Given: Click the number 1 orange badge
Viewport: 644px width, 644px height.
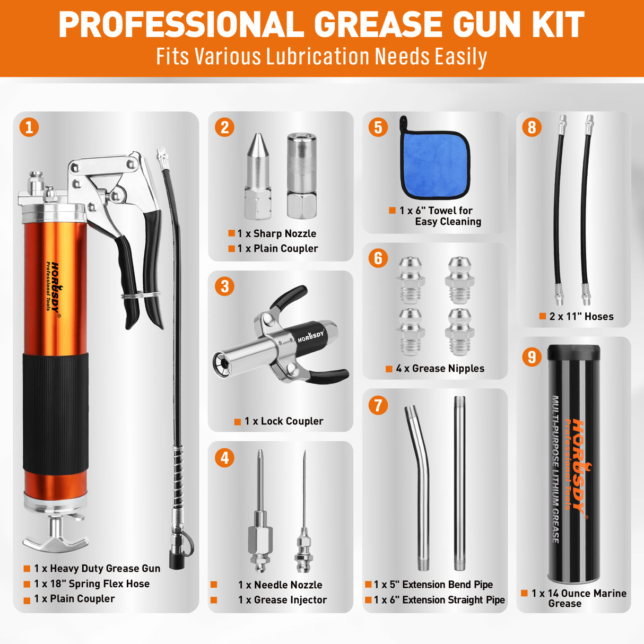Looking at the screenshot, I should tap(29, 127).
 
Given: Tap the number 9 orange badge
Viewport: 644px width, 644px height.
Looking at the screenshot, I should tap(532, 356).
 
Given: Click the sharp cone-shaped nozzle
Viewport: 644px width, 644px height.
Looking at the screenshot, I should tap(258, 175).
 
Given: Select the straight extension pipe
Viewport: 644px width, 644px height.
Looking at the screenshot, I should tap(459, 483).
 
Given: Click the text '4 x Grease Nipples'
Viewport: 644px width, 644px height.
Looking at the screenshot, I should tap(440, 369).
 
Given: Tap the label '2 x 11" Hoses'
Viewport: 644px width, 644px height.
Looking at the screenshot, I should tap(581, 317).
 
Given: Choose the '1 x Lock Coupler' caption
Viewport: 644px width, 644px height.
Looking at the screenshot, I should tap(284, 421).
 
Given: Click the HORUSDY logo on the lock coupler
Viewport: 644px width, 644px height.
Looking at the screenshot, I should tap(310, 336).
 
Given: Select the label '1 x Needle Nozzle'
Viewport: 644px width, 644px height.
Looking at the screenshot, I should tap(280, 585).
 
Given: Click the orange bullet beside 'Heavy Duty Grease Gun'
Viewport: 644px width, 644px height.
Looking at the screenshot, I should tap(27, 569).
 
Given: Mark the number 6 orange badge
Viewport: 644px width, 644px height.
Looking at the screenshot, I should tap(378, 258).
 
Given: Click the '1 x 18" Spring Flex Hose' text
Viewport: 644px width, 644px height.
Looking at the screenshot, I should tap(92, 584).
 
